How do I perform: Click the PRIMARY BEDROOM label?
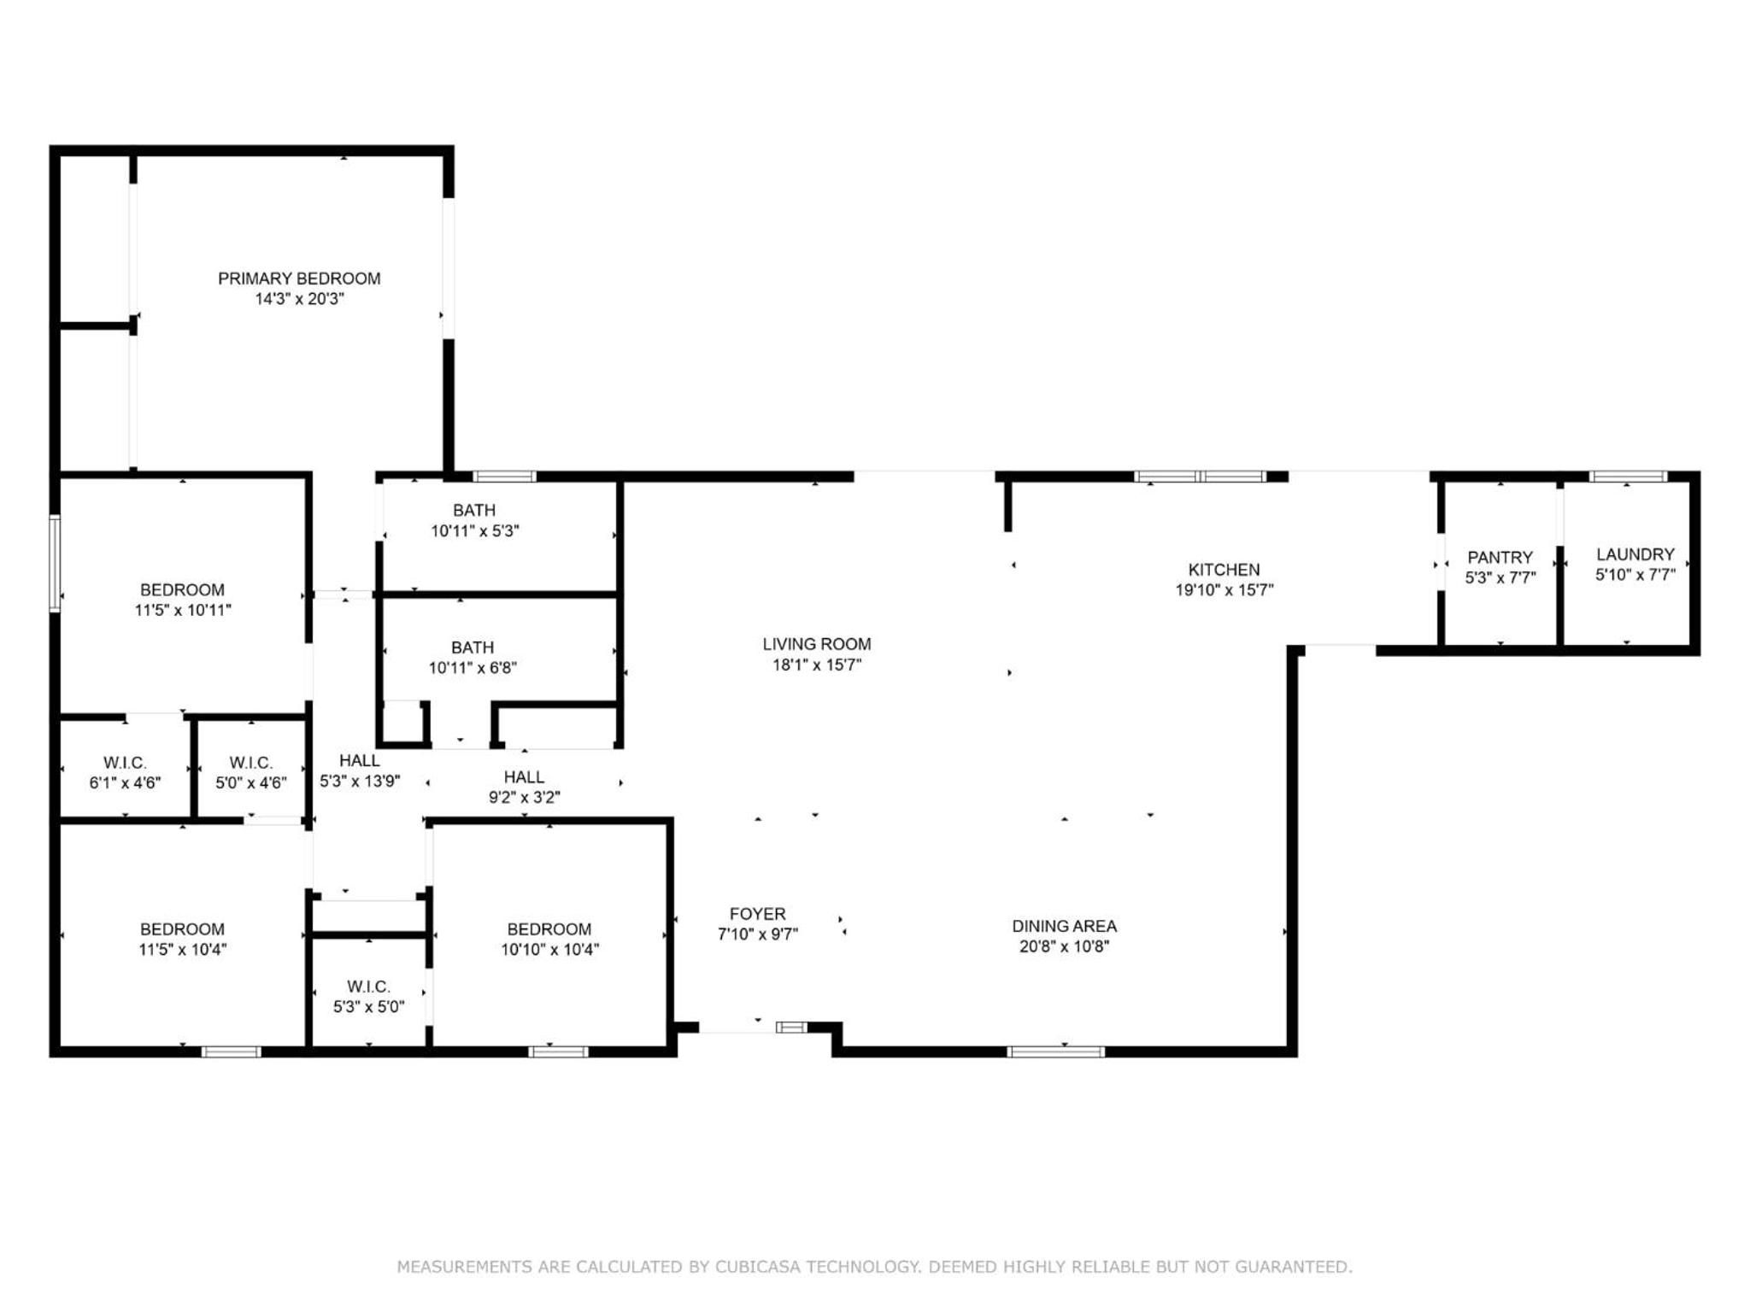(299, 278)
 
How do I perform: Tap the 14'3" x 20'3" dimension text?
(299, 299)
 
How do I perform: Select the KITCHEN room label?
(1224, 570)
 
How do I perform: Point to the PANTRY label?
(1500, 558)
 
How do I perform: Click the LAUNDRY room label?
(1635, 554)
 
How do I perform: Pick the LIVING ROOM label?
(817, 644)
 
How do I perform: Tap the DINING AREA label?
(1064, 926)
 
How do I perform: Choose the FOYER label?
(757, 914)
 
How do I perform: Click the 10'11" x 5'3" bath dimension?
(475, 531)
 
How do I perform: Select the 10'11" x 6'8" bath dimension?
(473, 668)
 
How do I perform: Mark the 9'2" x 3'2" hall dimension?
(524, 798)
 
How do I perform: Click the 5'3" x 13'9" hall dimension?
(360, 781)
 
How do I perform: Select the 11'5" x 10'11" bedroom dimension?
(183, 611)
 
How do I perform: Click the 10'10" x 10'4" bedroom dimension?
(549, 950)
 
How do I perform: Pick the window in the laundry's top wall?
(1628, 477)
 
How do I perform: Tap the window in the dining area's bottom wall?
(1056, 1051)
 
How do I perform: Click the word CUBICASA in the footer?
(756, 1267)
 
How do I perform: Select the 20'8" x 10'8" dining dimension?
(1064, 946)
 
